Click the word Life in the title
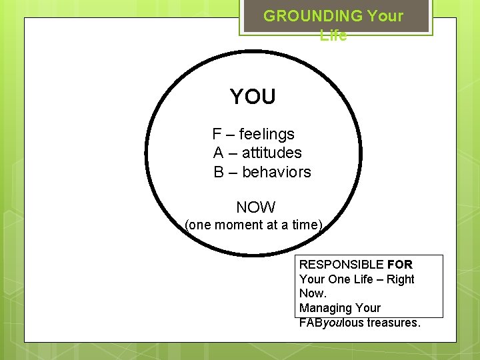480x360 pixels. coord(333,35)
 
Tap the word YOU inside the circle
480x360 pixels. coord(253,97)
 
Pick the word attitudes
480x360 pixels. coord(272,153)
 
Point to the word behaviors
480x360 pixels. coord(277,172)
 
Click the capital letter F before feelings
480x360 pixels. coord(217,134)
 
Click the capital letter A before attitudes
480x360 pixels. coord(218,153)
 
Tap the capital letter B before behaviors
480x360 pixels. coord(219,172)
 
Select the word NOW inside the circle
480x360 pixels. coord(256,207)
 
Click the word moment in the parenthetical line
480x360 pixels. coord(239,225)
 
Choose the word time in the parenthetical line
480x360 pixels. coord(305,225)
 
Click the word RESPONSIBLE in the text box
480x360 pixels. coord(341,265)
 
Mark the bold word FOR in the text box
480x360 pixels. coord(399,265)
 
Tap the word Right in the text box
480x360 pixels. coord(401,279)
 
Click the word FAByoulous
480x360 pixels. coord(331,323)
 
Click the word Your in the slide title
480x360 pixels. coord(385,16)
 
